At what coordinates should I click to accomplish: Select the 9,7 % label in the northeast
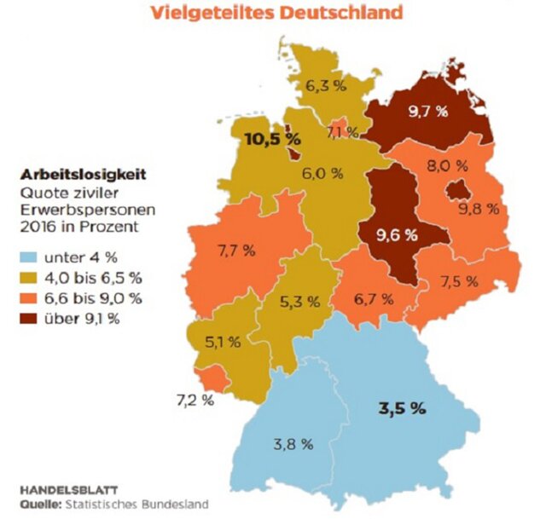point(424,112)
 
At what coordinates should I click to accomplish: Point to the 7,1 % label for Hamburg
point(341,133)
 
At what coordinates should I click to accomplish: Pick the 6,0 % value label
point(322,174)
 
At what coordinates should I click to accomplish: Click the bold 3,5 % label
point(401,407)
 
